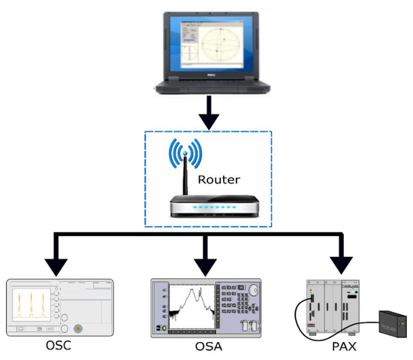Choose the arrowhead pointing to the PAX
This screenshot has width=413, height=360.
pos(342,265)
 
